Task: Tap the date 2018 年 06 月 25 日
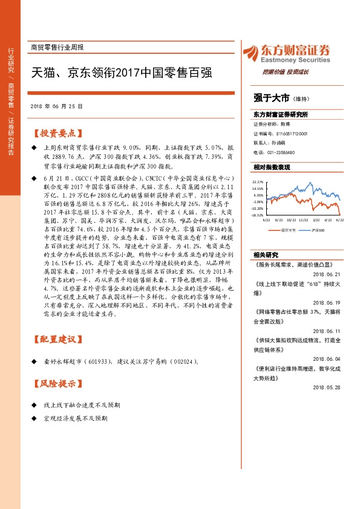[56, 106]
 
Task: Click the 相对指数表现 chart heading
[272, 166]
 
